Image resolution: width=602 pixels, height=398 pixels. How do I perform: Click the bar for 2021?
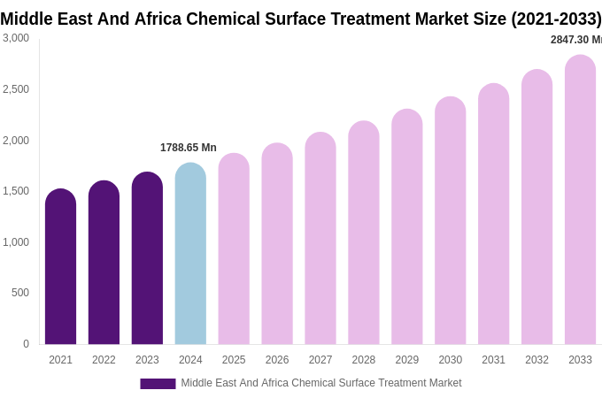(60, 267)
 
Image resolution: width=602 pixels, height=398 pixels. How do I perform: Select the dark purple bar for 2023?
(147, 258)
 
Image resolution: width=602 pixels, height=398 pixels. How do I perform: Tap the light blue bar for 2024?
(190, 254)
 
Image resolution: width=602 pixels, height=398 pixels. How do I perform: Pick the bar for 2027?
(320, 239)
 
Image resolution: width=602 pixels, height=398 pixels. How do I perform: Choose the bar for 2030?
(450, 221)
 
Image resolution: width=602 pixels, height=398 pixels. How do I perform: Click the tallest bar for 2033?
(580, 200)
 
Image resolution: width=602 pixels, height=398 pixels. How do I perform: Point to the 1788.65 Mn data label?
(188, 148)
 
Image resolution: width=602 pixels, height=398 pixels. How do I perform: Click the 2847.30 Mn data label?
(575, 40)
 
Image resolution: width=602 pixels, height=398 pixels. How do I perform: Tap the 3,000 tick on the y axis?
(16, 38)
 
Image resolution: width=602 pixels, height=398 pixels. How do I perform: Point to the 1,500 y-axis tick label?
(16, 191)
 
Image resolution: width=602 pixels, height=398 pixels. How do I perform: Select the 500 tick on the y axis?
(20, 293)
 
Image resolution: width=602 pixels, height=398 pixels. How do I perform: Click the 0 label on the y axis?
(26, 344)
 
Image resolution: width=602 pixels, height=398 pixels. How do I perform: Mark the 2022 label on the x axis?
(104, 360)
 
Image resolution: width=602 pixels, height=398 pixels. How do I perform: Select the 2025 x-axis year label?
(234, 360)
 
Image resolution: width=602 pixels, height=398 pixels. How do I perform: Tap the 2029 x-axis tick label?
(407, 360)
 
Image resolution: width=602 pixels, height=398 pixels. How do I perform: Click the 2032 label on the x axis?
(536, 360)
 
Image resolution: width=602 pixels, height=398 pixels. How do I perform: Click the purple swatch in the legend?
(158, 384)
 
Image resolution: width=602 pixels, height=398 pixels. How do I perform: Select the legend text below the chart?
(320, 383)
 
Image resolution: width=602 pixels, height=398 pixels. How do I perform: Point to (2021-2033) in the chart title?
(556, 19)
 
